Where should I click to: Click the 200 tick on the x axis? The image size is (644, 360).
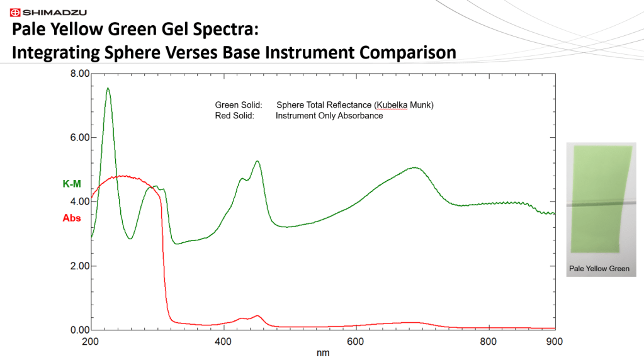click(x=91, y=342)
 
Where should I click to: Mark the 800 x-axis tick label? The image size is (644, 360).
click(x=489, y=342)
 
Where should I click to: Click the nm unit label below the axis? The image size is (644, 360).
click(x=323, y=353)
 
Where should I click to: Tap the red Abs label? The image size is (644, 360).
click(x=72, y=218)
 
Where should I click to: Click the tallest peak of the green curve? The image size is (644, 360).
click(x=108, y=88)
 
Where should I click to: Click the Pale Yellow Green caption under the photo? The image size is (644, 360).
click(x=599, y=269)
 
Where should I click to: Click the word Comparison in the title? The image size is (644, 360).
click(x=407, y=53)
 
